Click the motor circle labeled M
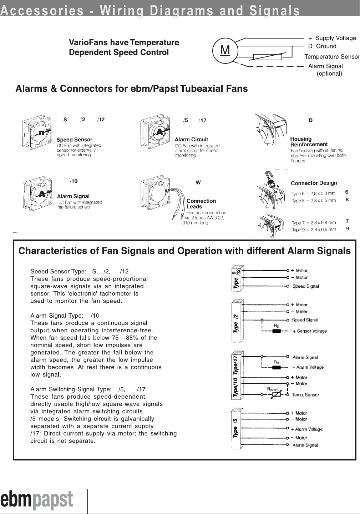pos(225,51)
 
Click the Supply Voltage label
pos(335,38)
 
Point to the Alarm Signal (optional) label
pos(325,70)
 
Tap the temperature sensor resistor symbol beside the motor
pos(268,57)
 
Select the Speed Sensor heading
pos(74,140)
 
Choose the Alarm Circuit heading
pos(191,140)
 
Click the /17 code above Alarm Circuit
pos(202,121)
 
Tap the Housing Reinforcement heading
pos(309,142)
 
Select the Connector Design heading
pos(314,183)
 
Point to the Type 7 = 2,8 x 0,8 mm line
pos(314,223)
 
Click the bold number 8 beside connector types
pos(347,200)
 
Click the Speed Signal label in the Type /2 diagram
pos(305,320)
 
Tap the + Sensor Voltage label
pos(310,331)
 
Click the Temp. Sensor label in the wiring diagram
pos(305,395)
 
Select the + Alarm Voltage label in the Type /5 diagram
pos(306,429)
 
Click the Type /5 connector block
pos(237,428)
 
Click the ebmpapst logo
pos(37,500)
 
